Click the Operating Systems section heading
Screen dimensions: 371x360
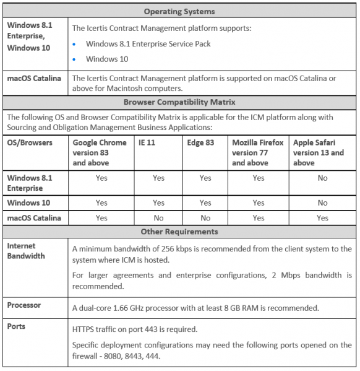180,11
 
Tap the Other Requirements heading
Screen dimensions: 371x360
180,232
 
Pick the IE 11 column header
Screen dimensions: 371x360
142,142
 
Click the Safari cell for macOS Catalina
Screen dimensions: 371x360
322,218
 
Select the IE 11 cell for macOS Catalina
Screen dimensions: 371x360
158,218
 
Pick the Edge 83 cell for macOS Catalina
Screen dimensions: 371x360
205,218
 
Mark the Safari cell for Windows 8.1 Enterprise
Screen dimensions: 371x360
322,178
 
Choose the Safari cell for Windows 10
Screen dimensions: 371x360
322,203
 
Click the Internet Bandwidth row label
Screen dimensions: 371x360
26,251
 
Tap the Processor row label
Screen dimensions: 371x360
24,305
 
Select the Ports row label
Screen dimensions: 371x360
17,326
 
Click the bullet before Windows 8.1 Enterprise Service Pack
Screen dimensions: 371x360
75,44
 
